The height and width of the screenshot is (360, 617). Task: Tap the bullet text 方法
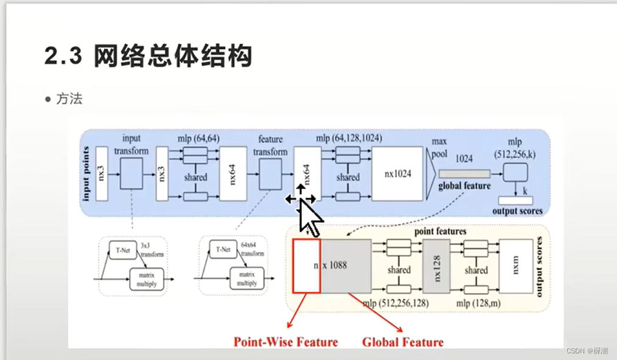tap(69, 99)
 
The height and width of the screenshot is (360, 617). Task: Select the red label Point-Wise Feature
tap(285, 342)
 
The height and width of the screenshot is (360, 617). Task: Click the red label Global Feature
tap(403, 342)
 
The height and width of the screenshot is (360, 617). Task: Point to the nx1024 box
tap(397, 173)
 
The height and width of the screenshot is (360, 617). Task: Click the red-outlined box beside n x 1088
tap(306, 266)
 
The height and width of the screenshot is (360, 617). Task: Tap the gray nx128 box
tap(436, 266)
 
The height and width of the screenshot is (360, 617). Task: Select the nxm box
tap(515, 266)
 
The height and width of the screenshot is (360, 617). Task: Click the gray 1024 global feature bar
tap(464, 174)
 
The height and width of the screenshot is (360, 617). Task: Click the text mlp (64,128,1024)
tap(349, 139)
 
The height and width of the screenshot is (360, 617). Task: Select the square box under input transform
tap(131, 173)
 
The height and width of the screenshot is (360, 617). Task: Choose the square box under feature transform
tap(270, 173)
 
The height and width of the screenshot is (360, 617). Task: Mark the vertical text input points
tap(87, 173)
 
